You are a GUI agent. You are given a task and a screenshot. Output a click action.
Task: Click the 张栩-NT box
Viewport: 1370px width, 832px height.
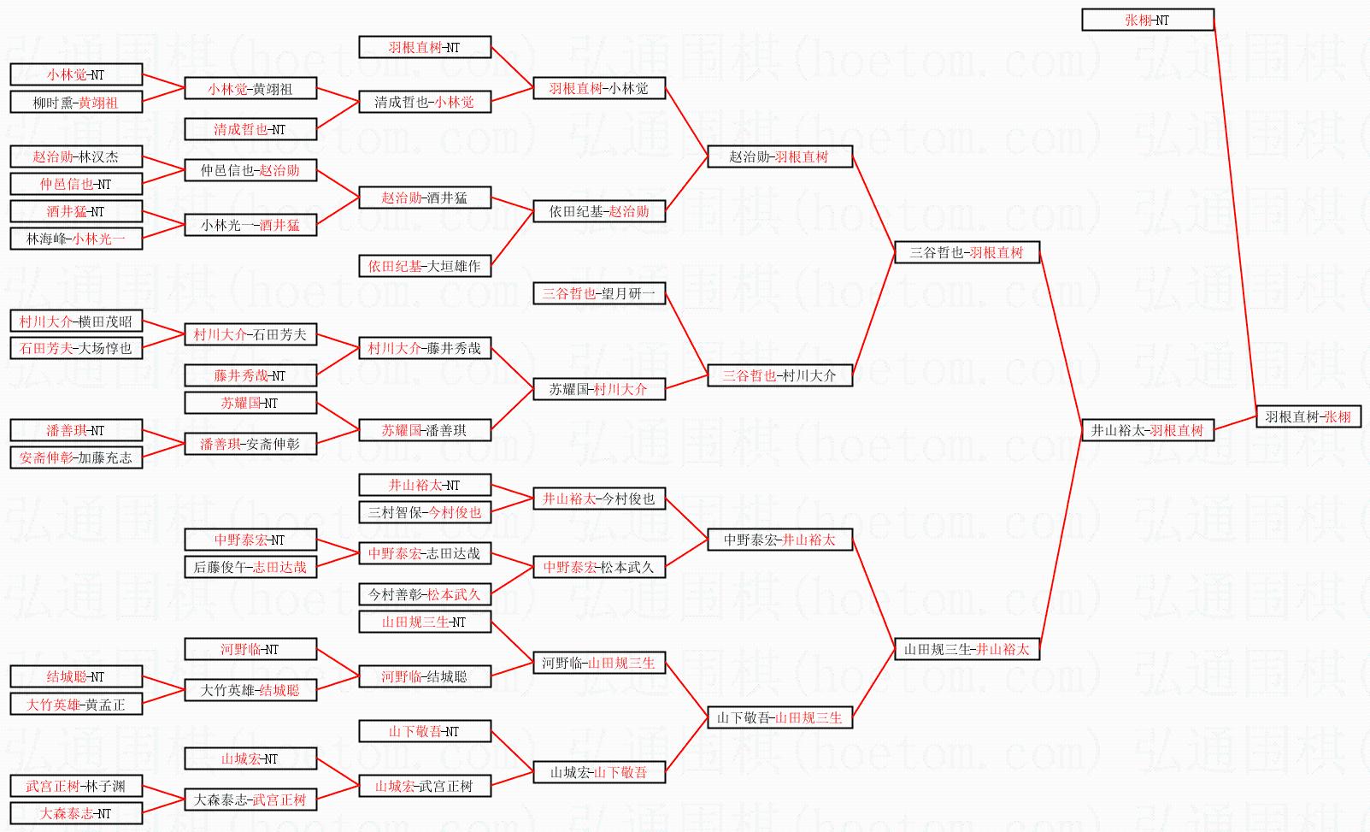click(x=1147, y=20)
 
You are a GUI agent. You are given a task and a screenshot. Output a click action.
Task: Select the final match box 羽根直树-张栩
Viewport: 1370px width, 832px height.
click(x=1308, y=417)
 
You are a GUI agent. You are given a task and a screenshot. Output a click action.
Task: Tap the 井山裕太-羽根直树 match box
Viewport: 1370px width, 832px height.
click(x=1147, y=430)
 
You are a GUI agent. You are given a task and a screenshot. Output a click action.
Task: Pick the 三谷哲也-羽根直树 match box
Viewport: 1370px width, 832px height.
click(x=966, y=252)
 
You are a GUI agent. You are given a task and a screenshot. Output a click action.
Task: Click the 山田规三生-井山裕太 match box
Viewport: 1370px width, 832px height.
click(x=966, y=649)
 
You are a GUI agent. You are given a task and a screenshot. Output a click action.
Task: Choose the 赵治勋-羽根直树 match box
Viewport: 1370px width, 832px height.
click(x=779, y=156)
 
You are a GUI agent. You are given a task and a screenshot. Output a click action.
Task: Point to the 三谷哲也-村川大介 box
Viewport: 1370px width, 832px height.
click(x=779, y=375)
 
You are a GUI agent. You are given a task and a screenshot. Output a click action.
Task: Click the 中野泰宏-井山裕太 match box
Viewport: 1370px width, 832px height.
click(x=779, y=540)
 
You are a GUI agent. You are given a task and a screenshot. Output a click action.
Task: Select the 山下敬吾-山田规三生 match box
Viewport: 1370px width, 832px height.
click(x=779, y=717)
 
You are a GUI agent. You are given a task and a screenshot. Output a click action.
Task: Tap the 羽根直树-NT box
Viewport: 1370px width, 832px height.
click(x=424, y=48)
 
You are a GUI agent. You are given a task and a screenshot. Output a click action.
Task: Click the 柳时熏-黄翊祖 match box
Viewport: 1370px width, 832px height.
click(x=75, y=103)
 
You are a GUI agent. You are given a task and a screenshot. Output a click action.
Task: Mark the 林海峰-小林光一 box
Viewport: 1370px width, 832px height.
click(x=75, y=239)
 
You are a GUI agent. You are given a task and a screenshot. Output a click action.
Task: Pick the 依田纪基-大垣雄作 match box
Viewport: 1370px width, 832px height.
click(x=424, y=266)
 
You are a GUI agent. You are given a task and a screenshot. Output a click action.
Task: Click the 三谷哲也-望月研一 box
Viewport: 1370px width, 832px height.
click(x=598, y=293)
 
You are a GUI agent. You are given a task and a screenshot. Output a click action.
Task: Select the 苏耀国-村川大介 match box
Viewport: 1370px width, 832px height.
click(x=598, y=389)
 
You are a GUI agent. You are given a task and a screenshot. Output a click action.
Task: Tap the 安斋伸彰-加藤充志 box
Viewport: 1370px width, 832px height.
click(x=75, y=457)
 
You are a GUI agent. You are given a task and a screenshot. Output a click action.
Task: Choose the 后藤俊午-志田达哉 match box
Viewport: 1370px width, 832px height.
click(x=250, y=567)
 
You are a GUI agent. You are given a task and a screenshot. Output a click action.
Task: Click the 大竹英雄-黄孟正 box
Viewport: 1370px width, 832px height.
click(x=75, y=705)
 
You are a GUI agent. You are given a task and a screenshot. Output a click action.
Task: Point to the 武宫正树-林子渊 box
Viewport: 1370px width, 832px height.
click(x=75, y=786)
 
